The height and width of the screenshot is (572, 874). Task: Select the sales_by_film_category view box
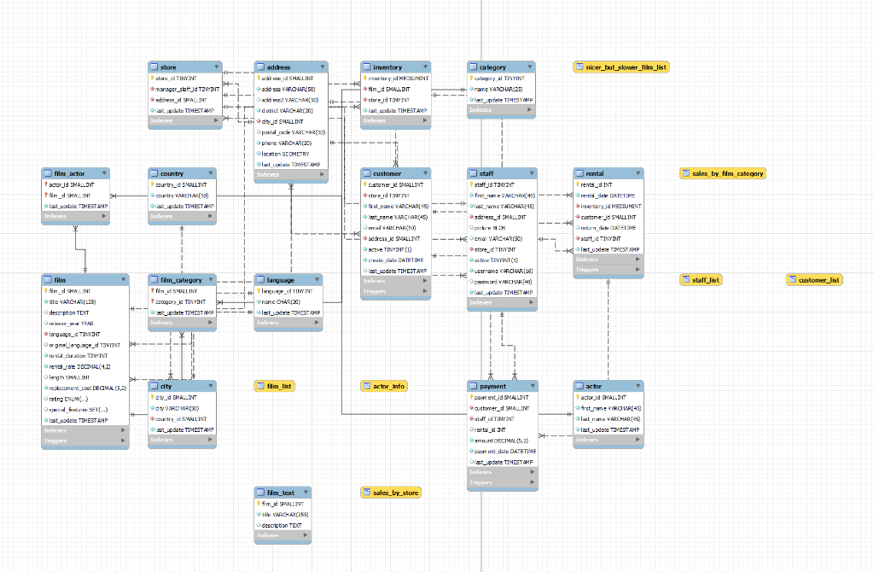click(x=723, y=173)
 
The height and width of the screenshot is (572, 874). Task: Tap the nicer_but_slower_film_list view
click(x=621, y=67)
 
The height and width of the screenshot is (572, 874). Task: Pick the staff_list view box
click(x=701, y=279)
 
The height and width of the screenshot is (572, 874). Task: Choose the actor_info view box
click(x=383, y=386)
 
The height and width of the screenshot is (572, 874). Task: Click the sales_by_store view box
click(x=391, y=493)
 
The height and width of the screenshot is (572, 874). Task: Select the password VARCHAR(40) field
click(x=503, y=281)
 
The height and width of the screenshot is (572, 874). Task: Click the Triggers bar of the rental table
click(x=608, y=270)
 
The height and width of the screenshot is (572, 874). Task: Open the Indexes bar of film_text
click(x=283, y=536)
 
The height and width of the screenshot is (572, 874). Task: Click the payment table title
click(x=487, y=386)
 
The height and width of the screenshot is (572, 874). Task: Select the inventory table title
click(x=387, y=67)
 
